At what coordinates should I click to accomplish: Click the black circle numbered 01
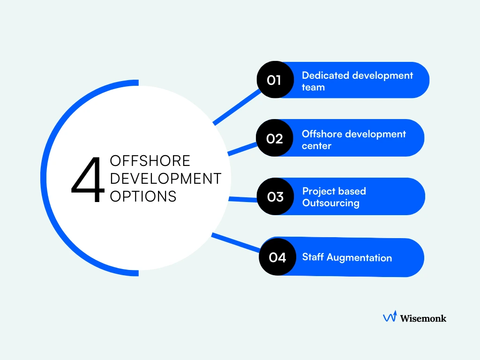(x=275, y=80)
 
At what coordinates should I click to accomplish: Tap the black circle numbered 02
(x=274, y=138)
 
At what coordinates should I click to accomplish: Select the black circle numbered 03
(x=275, y=197)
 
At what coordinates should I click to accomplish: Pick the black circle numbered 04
(x=277, y=257)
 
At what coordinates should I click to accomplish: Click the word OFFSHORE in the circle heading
(x=150, y=161)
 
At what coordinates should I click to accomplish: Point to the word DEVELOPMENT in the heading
(x=165, y=179)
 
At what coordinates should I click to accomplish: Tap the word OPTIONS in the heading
(x=143, y=196)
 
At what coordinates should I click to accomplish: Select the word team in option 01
(x=313, y=87)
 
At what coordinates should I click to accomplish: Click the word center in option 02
(x=316, y=146)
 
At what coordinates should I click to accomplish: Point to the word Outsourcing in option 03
(x=330, y=203)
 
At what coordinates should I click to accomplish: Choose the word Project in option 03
(x=318, y=191)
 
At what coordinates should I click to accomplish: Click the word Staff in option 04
(x=313, y=257)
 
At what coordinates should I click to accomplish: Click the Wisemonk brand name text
(x=423, y=318)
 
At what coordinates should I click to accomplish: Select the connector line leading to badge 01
(x=237, y=106)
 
